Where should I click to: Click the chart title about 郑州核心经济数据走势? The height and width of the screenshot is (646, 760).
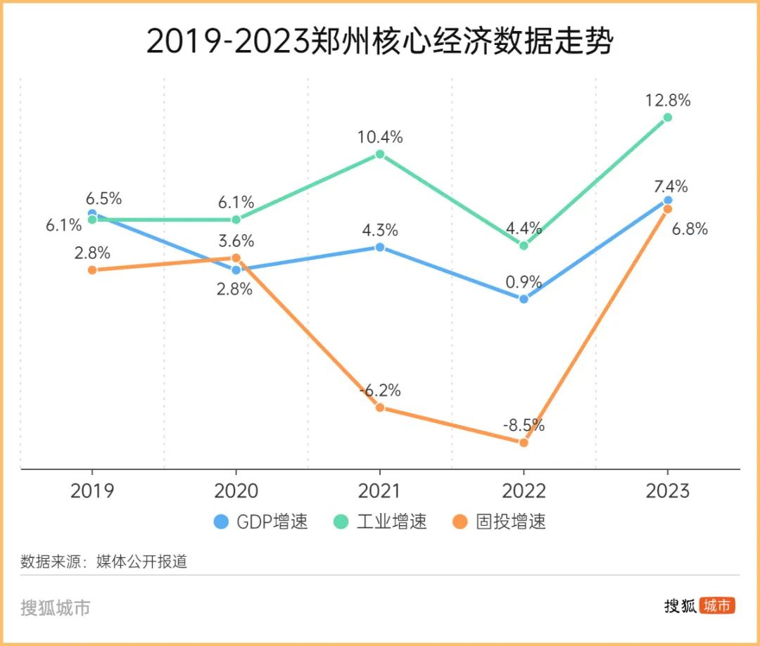(x=379, y=42)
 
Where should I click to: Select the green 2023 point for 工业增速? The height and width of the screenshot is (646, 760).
(x=667, y=118)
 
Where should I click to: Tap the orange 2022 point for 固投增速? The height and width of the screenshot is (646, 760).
(x=524, y=443)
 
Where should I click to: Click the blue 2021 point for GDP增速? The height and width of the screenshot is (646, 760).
(x=380, y=247)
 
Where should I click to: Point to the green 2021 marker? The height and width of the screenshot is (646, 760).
(x=380, y=154)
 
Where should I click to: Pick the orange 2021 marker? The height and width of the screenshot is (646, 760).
(x=380, y=407)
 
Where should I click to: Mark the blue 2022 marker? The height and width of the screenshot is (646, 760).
(x=524, y=298)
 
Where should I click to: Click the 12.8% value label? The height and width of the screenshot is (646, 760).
(x=667, y=100)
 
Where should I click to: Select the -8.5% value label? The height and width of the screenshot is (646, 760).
(x=524, y=425)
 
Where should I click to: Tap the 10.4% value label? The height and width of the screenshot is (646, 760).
(x=380, y=137)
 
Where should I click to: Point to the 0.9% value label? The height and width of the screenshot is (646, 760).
(x=524, y=281)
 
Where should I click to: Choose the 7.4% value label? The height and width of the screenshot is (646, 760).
(x=670, y=186)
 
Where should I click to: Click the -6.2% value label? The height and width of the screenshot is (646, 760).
(x=380, y=390)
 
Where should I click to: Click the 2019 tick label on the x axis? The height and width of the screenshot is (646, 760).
(x=92, y=490)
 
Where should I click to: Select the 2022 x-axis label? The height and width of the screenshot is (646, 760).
(x=524, y=490)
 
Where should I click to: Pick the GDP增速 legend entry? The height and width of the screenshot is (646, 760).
(x=261, y=521)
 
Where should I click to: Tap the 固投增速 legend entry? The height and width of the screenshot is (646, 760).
(x=500, y=521)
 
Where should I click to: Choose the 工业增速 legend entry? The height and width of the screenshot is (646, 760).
(x=381, y=521)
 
